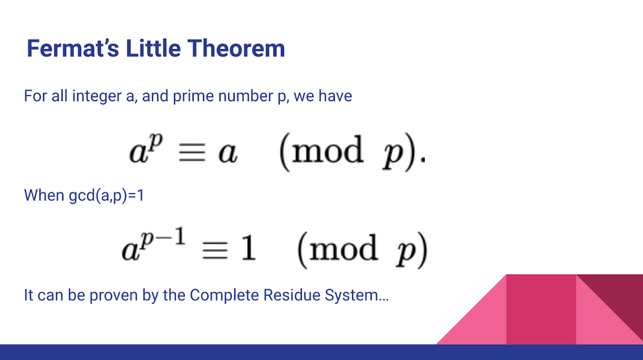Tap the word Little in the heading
(147, 49)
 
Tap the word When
(44, 195)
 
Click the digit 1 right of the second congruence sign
(248, 250)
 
